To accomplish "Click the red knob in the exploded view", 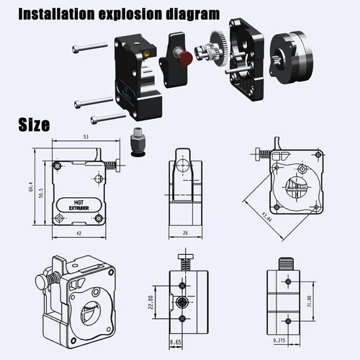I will pyautogui.click(x=186, y=57).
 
